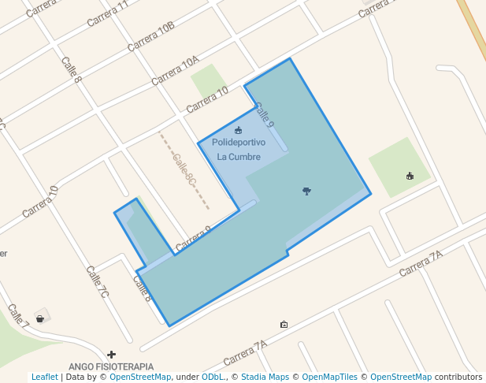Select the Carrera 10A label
point(175,69)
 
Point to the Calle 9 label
point(264,114)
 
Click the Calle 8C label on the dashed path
point(184,169)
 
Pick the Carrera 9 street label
point(194,239)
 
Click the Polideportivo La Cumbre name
point(239,148)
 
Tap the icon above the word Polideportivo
point(239,130)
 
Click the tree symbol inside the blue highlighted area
point(306,190)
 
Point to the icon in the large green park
point(409,176)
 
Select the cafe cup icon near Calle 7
point(39,318)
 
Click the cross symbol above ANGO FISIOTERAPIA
point(112,355)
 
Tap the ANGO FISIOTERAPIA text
point(111,366)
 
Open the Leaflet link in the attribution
point(44,377)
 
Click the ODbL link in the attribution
point(213,377)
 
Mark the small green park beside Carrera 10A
point(207,80)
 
